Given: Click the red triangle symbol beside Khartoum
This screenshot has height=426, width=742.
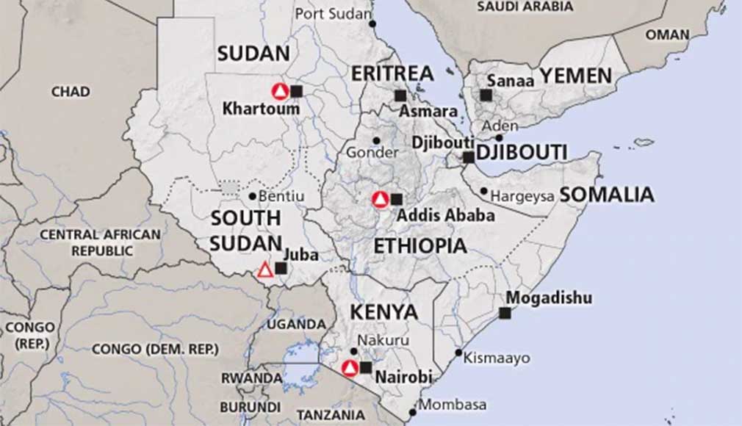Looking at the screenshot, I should (x=279, y=91).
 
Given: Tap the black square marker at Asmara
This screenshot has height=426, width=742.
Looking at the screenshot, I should (x=400, y=95).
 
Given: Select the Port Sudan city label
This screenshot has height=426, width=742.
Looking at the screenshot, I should (x=329, y=13).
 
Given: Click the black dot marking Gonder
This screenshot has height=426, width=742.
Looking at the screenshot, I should (x=376, y=140).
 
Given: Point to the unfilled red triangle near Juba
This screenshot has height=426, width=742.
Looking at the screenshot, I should (x=265, y=270).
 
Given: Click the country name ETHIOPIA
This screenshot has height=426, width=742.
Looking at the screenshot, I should (x=420, y=246).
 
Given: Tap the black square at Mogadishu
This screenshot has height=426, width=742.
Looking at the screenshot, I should (x=505, y=313).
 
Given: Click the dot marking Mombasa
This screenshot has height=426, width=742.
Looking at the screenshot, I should (x=422, y=402).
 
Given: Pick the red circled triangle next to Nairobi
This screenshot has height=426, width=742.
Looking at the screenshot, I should (x=350, y=368).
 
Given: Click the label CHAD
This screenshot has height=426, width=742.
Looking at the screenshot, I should (x=71, y=92).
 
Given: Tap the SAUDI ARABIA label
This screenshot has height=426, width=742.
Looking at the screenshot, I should (x=525, y=7).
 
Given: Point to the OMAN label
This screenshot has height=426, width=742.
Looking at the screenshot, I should (x=667, y=35).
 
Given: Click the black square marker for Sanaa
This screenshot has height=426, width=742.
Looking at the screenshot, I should (x=486, y=95).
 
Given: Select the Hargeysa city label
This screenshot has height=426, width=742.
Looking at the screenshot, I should (x=522, y=196).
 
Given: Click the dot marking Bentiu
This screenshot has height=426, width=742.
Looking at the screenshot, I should (x=252, y=196).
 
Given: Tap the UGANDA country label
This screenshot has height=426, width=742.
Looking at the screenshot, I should (x=296, y=324).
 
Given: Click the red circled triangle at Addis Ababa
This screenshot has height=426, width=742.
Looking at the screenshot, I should (x=380, y=199).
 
